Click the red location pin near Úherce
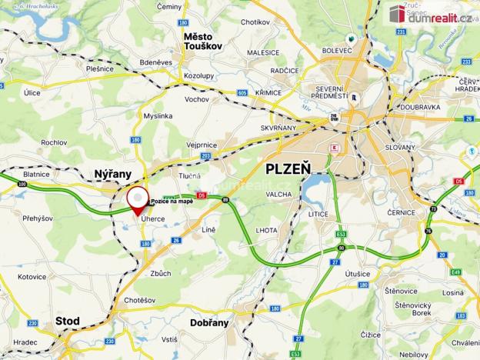click(138, 200)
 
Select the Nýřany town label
click(112, 175)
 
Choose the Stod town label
click(68, 320)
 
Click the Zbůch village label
click(162, 273)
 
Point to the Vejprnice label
click(202, 144)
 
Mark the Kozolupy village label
click(198, 76)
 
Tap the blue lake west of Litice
click(315, 188)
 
